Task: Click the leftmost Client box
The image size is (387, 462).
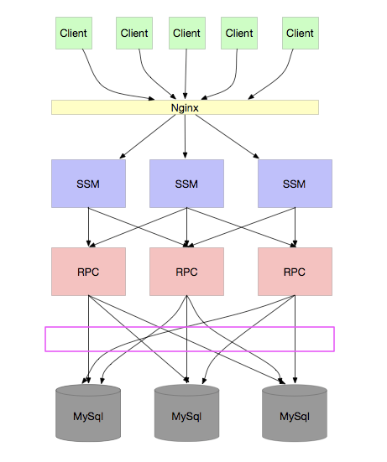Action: (74, 33)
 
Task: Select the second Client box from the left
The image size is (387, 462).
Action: (134, 33)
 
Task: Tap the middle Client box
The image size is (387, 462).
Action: (187, 33)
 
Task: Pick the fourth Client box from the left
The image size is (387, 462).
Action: (239, 33)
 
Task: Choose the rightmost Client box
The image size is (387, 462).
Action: (301, 33)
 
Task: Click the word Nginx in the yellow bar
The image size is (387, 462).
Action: (185, 108)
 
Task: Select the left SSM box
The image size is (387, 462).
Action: (88, 184)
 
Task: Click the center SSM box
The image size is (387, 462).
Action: (186, 184)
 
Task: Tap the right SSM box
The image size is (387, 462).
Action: (295, 184)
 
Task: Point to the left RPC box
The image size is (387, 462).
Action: (88, 272)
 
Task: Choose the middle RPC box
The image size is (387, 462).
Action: (186, 272)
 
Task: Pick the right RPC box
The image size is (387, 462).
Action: (295, 272)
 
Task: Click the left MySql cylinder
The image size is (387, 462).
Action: (88, 413)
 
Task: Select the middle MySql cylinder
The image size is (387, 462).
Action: (186, 413)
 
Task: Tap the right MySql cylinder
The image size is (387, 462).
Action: (295, 413)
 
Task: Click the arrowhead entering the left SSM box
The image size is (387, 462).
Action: (123, 156)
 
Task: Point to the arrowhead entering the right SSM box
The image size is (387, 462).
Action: (256, 156)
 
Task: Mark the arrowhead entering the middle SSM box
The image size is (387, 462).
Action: (185, 156)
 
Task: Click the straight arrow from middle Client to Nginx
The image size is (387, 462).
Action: (186, 74)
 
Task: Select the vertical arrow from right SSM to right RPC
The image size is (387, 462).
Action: (295, 227)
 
